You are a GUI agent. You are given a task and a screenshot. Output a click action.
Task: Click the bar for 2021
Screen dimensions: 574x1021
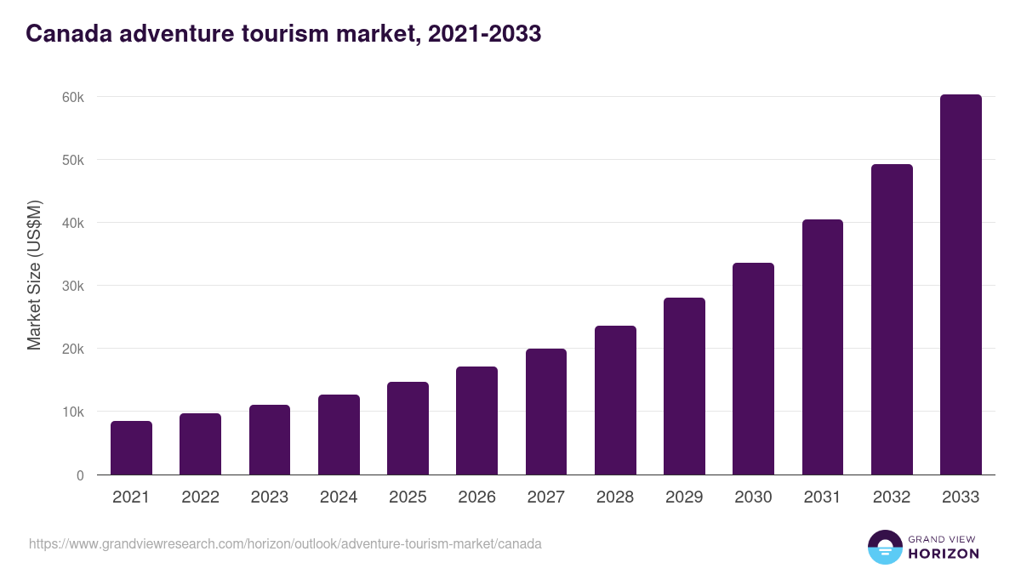(131, 448)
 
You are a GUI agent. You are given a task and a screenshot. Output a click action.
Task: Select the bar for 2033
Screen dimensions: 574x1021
(961, 285)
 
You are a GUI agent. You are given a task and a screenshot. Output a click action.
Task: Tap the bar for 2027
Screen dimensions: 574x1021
(546, 412)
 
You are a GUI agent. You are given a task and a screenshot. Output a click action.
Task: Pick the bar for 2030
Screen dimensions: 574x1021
(753, 369)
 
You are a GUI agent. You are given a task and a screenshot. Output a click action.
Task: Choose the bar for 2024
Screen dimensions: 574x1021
(339, 435)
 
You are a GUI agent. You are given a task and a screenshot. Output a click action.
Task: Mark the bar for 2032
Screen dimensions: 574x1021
(892, 320)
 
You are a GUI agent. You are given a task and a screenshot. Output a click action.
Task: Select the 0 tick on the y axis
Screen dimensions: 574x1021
(80, 475)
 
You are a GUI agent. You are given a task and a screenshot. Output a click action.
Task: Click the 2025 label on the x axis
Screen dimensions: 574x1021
(408, 497)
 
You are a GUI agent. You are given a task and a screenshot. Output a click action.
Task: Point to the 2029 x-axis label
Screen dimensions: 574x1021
(684, 497)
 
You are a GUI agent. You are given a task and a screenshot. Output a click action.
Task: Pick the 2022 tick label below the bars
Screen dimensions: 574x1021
(200, 497)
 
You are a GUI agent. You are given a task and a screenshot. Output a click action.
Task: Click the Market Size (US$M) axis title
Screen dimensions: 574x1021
(34, 276)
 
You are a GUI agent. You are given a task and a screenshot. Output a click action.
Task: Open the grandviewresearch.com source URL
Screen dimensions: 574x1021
(285, 543)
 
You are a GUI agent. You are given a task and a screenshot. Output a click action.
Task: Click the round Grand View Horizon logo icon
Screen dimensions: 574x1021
(884, 547)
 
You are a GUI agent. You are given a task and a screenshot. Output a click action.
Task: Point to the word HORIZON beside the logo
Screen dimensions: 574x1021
(944, 554)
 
